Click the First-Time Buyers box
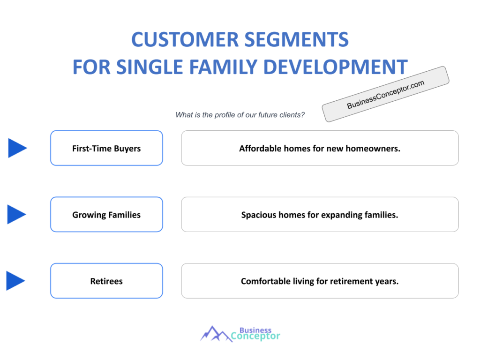106,148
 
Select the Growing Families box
106,215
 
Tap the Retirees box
106,281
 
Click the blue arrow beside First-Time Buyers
17,148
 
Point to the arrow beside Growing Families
16,214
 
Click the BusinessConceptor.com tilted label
385,94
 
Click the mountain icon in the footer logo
215,334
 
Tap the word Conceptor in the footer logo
255,336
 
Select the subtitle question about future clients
240,115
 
